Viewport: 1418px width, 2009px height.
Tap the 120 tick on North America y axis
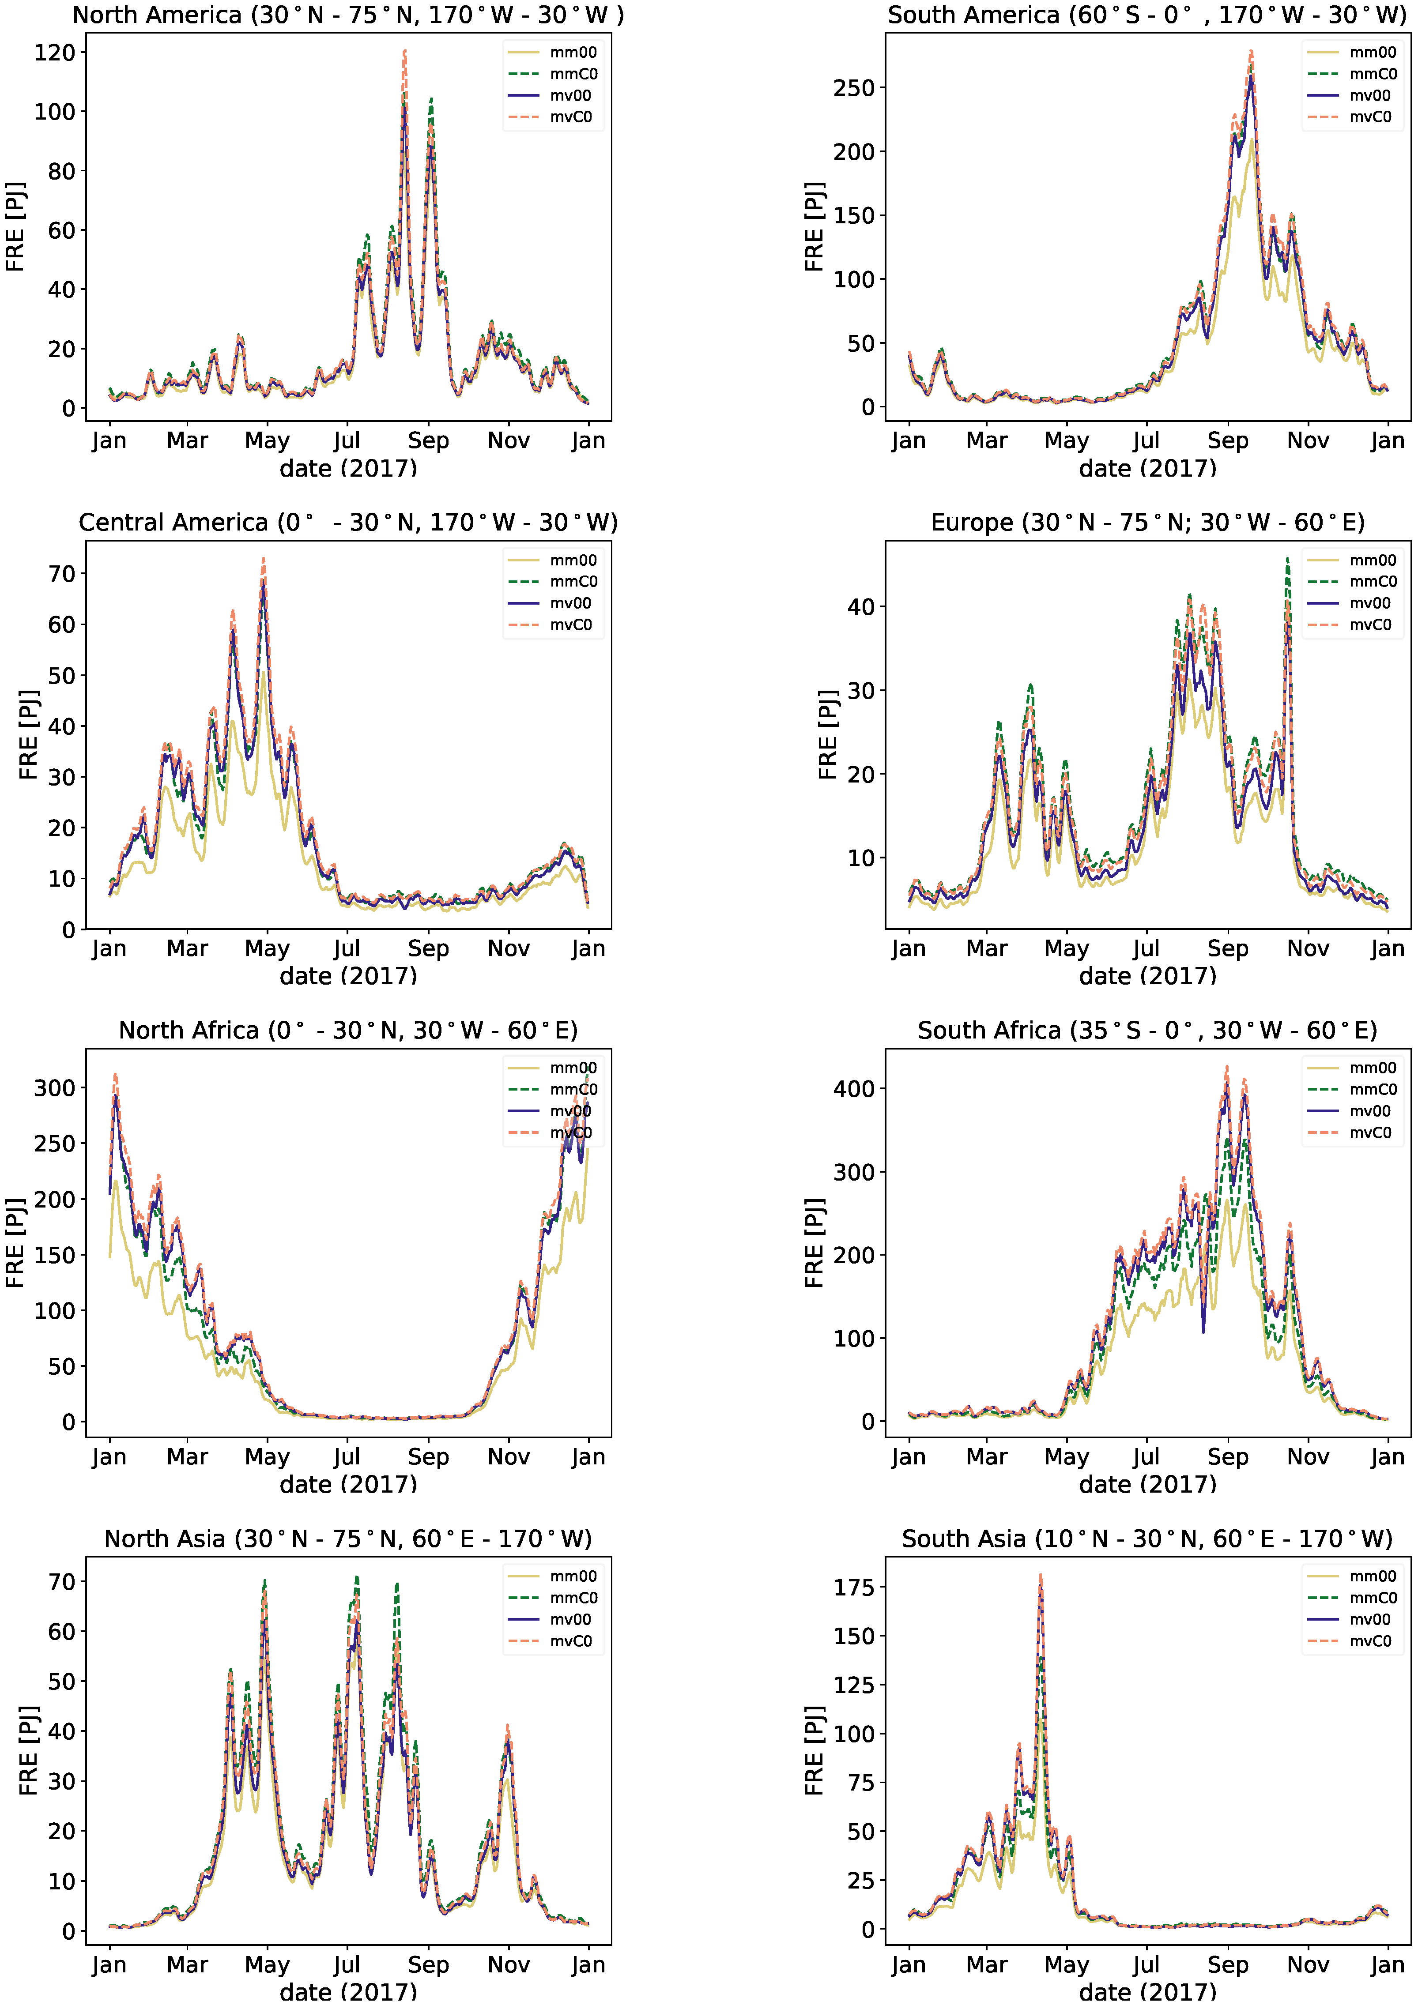click(x=54, y=53)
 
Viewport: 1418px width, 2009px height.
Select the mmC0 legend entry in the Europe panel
click(x=1373, y=582)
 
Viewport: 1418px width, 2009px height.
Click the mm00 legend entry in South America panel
click(x=1373, y=53)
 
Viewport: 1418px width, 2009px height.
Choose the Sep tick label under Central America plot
click(x=428, y=948)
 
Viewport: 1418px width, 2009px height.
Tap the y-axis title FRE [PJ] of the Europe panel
click(x=827, y=735)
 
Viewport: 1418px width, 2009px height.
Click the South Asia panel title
click(x=1146, y=1538)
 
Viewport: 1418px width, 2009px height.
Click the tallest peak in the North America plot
click(x=404, y=51)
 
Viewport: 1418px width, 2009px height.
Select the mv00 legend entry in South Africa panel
click(x=1370, y=1111)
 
